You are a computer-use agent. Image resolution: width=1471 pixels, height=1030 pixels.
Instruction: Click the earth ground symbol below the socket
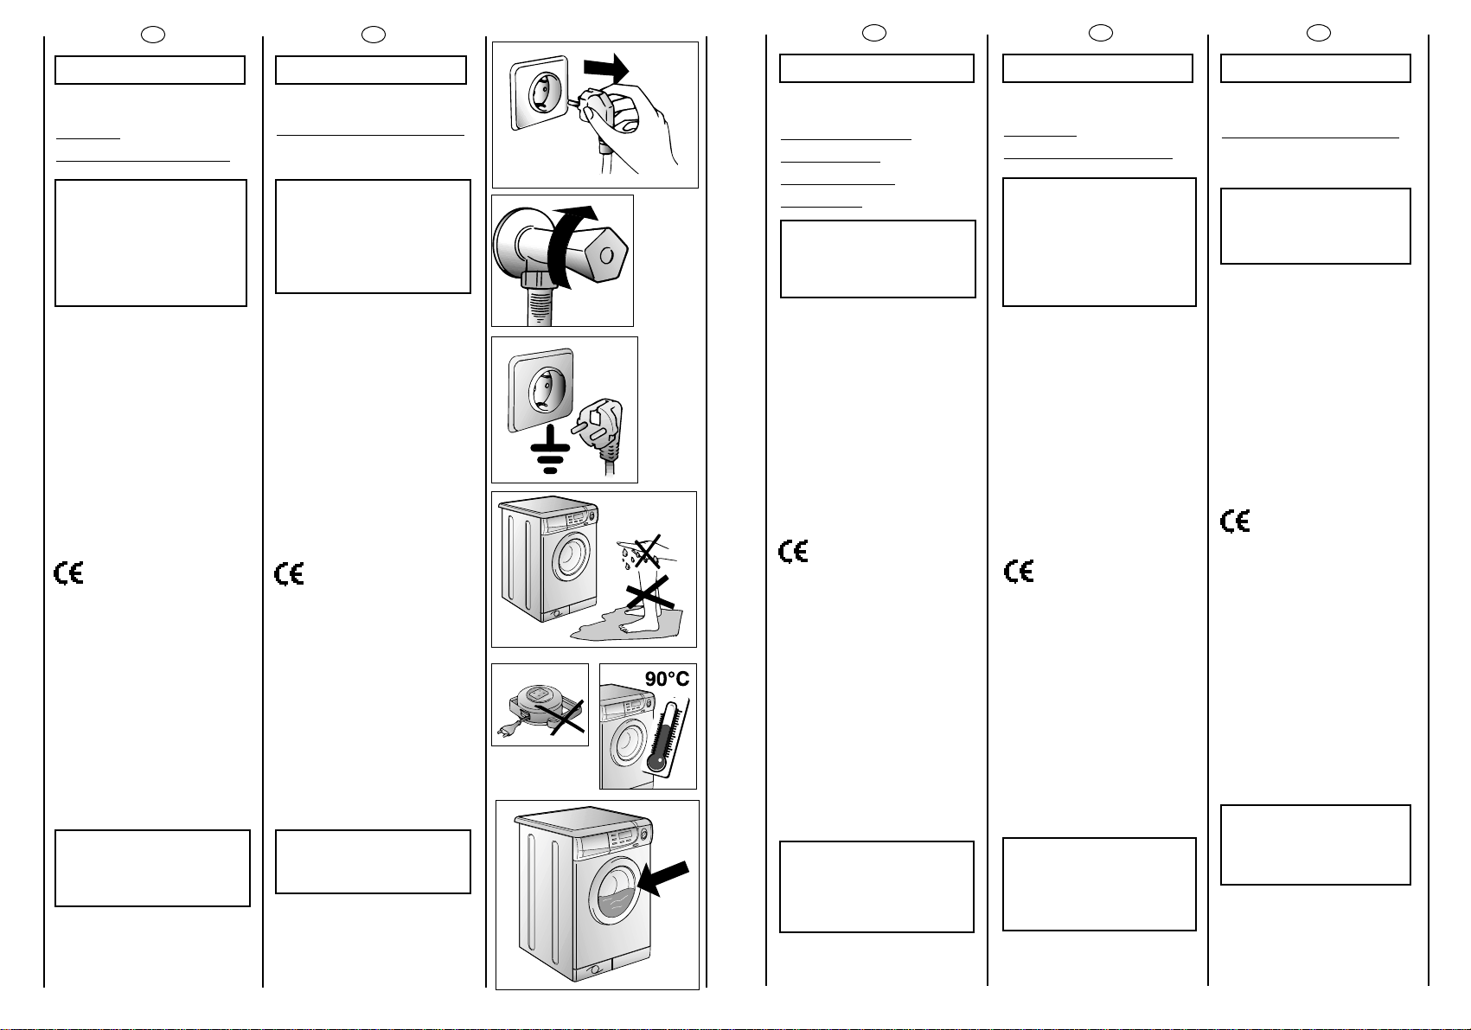coord(550,450)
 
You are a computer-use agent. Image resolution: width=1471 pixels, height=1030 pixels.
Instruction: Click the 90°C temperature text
coord(667,679)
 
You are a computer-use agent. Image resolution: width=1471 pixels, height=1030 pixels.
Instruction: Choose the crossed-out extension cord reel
coord(544,709)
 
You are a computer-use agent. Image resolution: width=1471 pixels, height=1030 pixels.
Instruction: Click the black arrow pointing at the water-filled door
coord(663,878)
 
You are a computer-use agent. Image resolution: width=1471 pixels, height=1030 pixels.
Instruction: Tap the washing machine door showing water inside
coord(615,891)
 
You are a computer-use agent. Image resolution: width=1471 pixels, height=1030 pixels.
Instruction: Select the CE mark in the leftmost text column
coord(68,573)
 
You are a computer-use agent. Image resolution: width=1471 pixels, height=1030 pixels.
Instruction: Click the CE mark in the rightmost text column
coord(1235,521)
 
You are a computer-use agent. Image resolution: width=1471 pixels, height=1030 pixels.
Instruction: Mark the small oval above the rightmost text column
coord(1318,33)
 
